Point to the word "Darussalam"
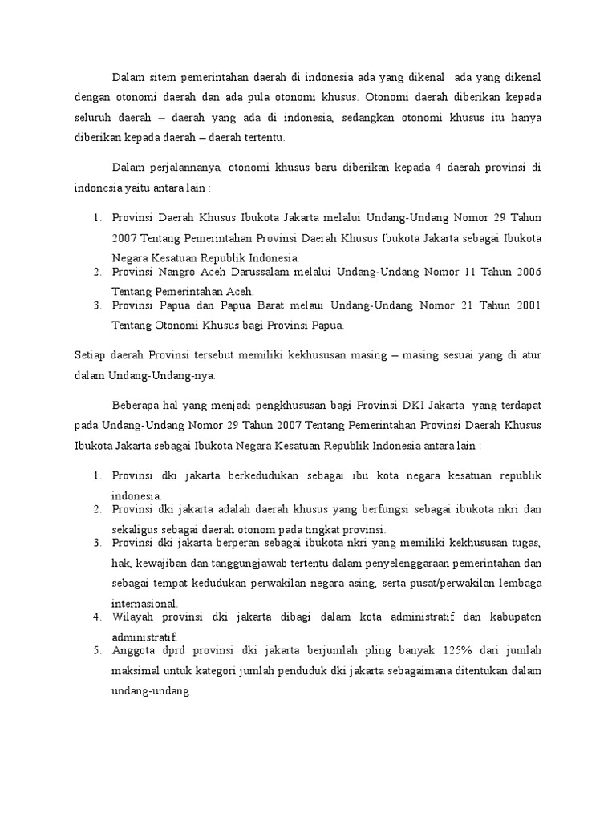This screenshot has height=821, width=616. pyautogui.click(x=274, y=273)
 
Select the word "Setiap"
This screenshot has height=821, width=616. pyautogui.click(x=89, y=356)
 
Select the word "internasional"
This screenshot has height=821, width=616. pyautogui.click(x=145, y=601)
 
